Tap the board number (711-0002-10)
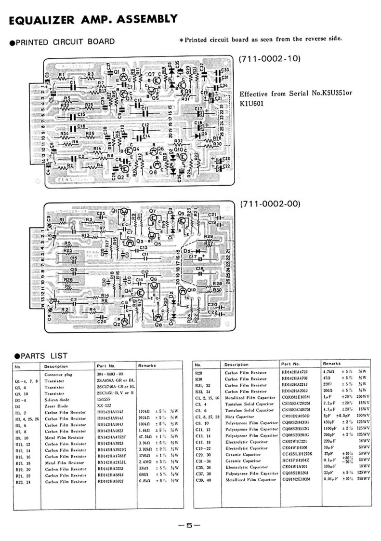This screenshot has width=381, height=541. [270, 59]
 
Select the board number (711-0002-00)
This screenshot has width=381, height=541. [270, 204]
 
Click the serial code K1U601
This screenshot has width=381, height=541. [253, 103]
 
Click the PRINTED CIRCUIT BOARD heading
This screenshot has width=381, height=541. [63, 42]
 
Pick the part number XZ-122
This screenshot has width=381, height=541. [105, 406]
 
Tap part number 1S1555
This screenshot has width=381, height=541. [105, 400]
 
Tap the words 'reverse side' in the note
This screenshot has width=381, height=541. [324, 39]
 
